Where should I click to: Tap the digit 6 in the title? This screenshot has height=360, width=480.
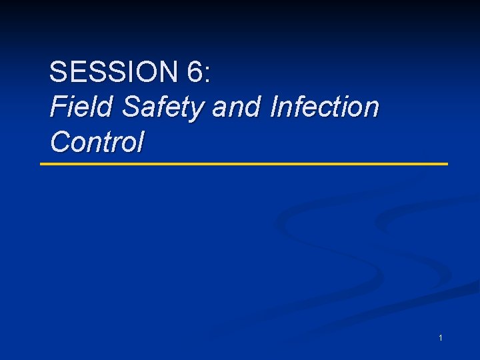(195, 72)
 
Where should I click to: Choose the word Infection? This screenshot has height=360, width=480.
(325, 107)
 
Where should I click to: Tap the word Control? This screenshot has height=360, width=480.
(97, 141)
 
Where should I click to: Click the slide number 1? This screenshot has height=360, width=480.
(441, 339)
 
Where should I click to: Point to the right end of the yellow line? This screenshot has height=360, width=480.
(447, 163)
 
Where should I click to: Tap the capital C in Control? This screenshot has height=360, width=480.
(60, 141)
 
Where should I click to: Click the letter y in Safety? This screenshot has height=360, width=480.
(199, 111)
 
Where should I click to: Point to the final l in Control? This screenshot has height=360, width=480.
(140, 141)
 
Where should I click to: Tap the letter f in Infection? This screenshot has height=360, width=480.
(301, 107)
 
